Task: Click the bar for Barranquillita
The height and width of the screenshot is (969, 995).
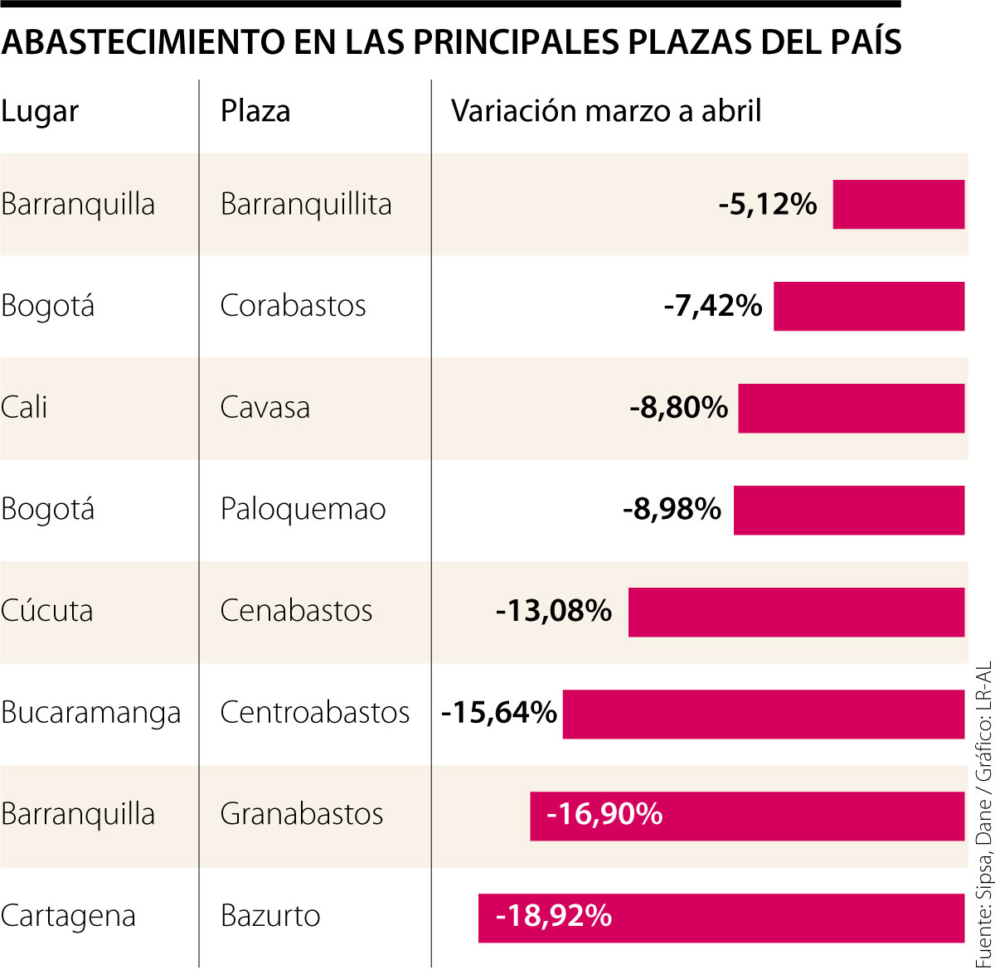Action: point(898,204)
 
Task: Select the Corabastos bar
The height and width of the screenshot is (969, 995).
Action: point(869,306)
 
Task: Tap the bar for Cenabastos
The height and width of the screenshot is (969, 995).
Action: point(796,612)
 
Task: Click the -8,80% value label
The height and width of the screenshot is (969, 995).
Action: point(678,408)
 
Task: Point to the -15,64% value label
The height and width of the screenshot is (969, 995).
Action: point(499,713)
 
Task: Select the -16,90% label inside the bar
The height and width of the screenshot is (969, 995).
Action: point(604,814)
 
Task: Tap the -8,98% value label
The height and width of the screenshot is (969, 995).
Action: point(672,509)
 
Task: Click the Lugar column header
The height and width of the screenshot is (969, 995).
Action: point(40,112)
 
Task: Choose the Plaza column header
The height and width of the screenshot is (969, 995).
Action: point(255,111)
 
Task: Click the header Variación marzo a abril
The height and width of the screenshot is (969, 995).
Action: point(606,111)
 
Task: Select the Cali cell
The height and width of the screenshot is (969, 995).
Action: point(24,408)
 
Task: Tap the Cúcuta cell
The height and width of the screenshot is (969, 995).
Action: point(47,611)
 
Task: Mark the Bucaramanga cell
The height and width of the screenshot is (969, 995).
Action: point(91,713)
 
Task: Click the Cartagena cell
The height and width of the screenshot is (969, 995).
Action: point(68,917)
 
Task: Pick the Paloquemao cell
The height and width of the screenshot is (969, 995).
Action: point(303,509)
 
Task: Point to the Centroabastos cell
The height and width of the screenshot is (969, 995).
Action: point(315,713)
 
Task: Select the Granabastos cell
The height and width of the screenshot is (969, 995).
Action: point(302,814)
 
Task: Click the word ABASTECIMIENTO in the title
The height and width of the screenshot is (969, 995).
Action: point(137,41)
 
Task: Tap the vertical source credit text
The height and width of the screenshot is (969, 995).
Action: point(983,812)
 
